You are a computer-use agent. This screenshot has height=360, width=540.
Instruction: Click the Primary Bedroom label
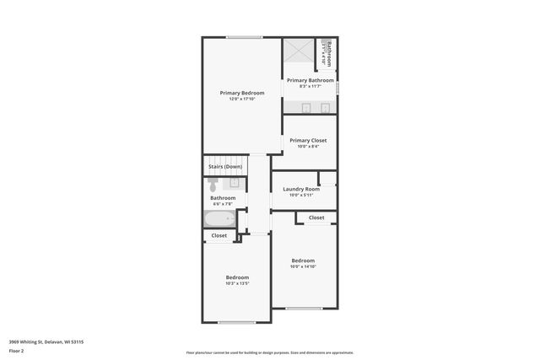coord(242,93)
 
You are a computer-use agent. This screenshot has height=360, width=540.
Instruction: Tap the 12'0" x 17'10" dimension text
coord(242,99)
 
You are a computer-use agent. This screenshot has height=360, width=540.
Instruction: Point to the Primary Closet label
coord(308,140)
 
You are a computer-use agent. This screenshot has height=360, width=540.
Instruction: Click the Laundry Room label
coord(301,189)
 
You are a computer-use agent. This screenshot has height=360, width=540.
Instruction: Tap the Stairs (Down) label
coord(225,167)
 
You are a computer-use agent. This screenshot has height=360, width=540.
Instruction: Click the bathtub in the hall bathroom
coord(221,219)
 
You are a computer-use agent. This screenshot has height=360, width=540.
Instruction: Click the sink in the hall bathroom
coord(235,182)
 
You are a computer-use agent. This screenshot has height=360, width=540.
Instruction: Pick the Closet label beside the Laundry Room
coord(316,218)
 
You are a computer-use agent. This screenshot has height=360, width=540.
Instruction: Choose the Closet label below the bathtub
coord(219,235)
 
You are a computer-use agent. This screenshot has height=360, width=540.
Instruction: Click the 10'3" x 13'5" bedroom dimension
coord(237,283)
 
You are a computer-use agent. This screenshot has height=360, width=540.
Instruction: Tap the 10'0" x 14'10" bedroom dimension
coord(303,266)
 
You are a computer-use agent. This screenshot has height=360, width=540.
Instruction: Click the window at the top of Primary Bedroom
coord(245,37)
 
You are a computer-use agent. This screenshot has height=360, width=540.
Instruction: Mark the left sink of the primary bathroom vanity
coord(307,107)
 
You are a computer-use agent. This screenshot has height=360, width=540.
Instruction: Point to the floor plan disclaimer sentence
coord(270,352)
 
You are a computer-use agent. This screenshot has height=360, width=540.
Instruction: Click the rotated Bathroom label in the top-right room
coord(329,52)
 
